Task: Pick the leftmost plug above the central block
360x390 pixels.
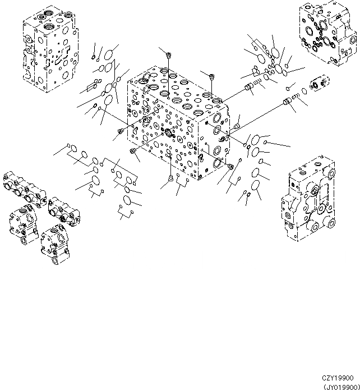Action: [168, 54]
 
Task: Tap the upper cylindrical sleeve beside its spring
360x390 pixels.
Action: [250, 87]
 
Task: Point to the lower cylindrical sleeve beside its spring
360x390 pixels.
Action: [289, 101]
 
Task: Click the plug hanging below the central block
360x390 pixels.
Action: [170, 179]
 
